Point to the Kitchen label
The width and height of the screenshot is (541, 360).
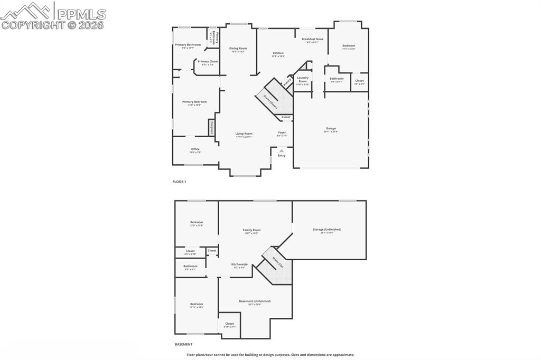point(278,54)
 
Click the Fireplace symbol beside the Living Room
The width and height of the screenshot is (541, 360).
point(212,128)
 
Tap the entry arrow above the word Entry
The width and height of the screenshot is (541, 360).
point(282,150)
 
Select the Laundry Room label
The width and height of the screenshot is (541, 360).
point(302,80)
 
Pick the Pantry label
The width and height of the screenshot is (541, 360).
point(287,82)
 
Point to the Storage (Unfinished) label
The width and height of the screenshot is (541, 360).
point(327,230)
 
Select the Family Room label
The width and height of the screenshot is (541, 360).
point(251,231)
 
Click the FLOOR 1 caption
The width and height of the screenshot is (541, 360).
point(180,182)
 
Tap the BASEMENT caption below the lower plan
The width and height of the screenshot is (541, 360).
point(184,345)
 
